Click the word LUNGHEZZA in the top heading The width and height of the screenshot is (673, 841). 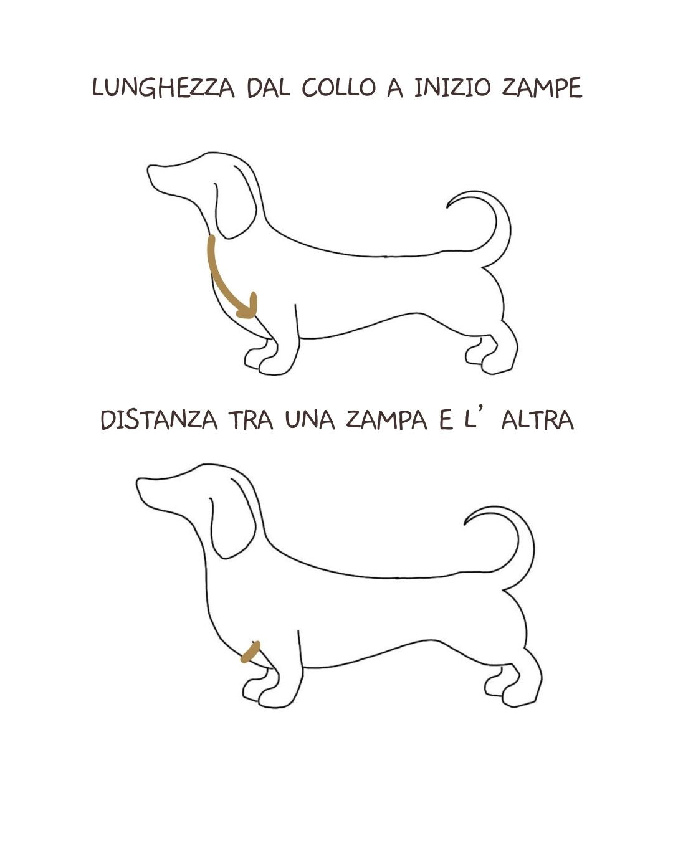[x=163, y=88]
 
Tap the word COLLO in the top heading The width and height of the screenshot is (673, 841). [x=338, y=88]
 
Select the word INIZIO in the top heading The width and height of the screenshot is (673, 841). [x=452, y=88]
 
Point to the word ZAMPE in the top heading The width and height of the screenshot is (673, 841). [x=542, y=88]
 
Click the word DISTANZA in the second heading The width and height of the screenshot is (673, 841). [x=159, y=420]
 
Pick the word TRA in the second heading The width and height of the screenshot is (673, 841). [x=251, y=420]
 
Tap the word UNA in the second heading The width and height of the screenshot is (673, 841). [x=310, y=420]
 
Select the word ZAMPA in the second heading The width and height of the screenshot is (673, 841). [x=386, y=420]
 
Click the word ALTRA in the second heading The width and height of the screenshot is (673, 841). [x=538, y=420]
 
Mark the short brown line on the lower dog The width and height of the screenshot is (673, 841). [x=251, y=652]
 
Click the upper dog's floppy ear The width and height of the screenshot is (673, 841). [x=235, y=203]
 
